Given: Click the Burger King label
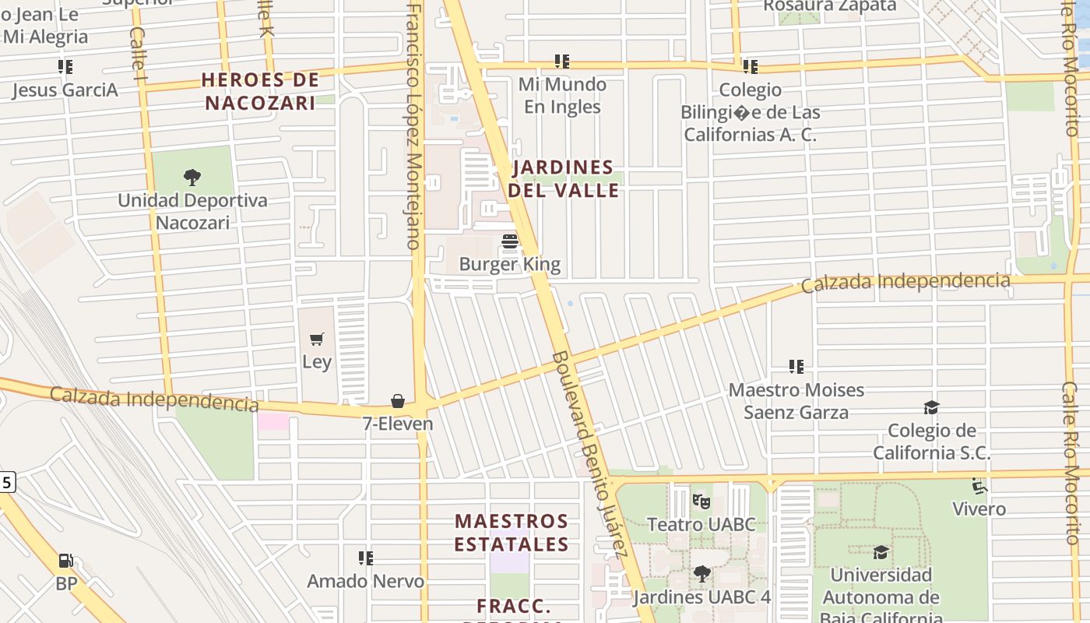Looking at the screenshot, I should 509,264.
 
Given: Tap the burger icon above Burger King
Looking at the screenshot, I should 510,241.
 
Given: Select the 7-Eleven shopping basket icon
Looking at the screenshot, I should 398,401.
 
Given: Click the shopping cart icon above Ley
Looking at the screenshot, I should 316,339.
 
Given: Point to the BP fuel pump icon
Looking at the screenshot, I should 66,561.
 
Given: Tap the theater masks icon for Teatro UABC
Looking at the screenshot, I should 701,502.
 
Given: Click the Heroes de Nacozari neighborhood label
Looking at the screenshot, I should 260,91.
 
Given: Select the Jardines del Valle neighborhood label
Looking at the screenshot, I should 564,179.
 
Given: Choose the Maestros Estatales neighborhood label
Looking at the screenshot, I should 512,533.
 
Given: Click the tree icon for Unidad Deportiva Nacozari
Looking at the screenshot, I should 192,178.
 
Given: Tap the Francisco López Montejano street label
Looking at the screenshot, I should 413,125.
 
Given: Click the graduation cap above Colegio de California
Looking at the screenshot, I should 931,407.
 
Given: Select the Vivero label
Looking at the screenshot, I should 979,509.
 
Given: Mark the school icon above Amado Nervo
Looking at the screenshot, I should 365,558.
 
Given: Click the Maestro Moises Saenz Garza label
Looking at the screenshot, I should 796,400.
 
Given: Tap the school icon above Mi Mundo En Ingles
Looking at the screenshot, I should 562,61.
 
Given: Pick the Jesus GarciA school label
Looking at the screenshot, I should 65,90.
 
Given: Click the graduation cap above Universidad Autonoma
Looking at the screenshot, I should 881,552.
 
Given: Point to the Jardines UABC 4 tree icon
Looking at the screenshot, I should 701,574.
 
